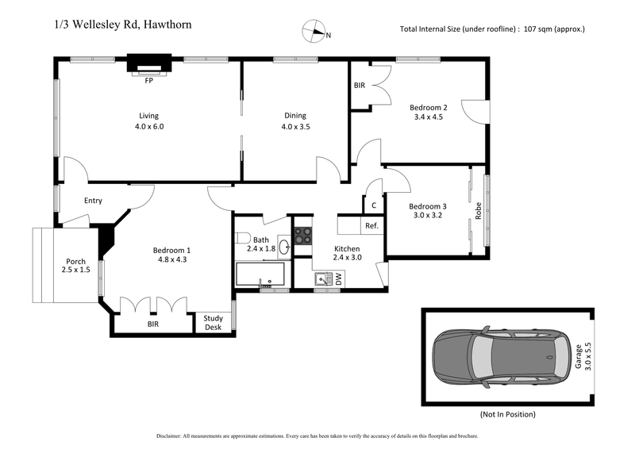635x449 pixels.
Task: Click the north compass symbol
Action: tap(314, 33)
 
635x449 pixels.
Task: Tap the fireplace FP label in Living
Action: tap(148, 81)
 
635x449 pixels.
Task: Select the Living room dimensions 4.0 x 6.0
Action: tap(148, 126)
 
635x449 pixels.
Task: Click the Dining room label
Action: tap(294, 116)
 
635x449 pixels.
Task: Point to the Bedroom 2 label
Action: tap(429, 108)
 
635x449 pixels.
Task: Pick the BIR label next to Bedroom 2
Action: tap(360, 85)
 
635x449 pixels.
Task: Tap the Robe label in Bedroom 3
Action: tap(479, 212)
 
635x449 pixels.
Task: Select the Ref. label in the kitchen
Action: tap(371, 226)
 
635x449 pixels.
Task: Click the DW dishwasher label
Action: tap(339, 278)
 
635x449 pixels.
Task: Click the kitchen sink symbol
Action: tap(323, 278)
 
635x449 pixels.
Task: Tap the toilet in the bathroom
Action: tap(244, 240)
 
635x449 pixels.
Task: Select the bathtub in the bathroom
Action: tap(260, 274)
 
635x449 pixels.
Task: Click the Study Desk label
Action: tap(214, 322)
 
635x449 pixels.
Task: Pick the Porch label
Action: tap(76, 266)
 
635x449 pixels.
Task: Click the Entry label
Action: tap(93, 201)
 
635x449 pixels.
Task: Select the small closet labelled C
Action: tap(373, 205)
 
